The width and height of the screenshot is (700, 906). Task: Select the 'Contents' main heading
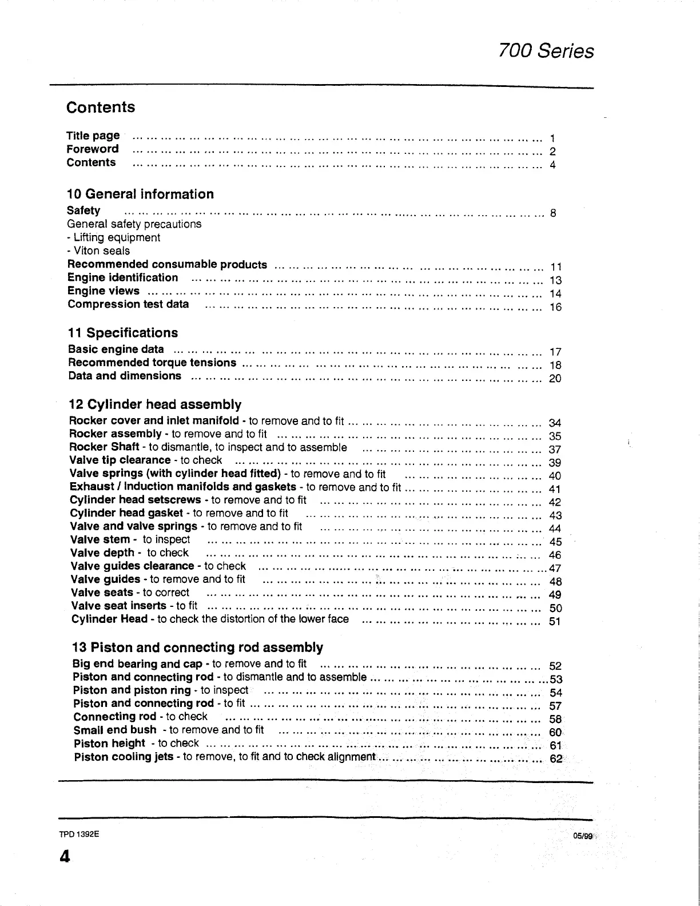[x=101, y=108]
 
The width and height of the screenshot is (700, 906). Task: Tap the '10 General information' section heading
[x=140, y=194]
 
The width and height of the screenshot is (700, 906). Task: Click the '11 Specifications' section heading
[x=122, y=333]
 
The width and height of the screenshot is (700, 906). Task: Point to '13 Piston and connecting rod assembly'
[x=197, y=647]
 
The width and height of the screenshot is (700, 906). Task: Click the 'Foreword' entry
[x=93, y=149]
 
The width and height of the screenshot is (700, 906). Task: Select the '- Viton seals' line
[x=98, y=251]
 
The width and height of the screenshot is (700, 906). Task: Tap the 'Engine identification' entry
[x=123, y=278]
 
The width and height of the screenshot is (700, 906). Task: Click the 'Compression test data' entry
[x=128, y=304]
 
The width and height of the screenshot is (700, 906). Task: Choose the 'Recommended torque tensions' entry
[x=152, y=363]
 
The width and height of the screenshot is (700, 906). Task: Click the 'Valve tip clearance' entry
[x=120, y=460]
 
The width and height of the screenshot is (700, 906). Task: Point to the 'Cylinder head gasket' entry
[x=126, y=513]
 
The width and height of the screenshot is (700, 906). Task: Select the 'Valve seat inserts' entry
[x=120, y=606]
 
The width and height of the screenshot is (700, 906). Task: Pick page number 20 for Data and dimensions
[x=555, y=379]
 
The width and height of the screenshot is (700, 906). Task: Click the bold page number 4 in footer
[x=64, y=856]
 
